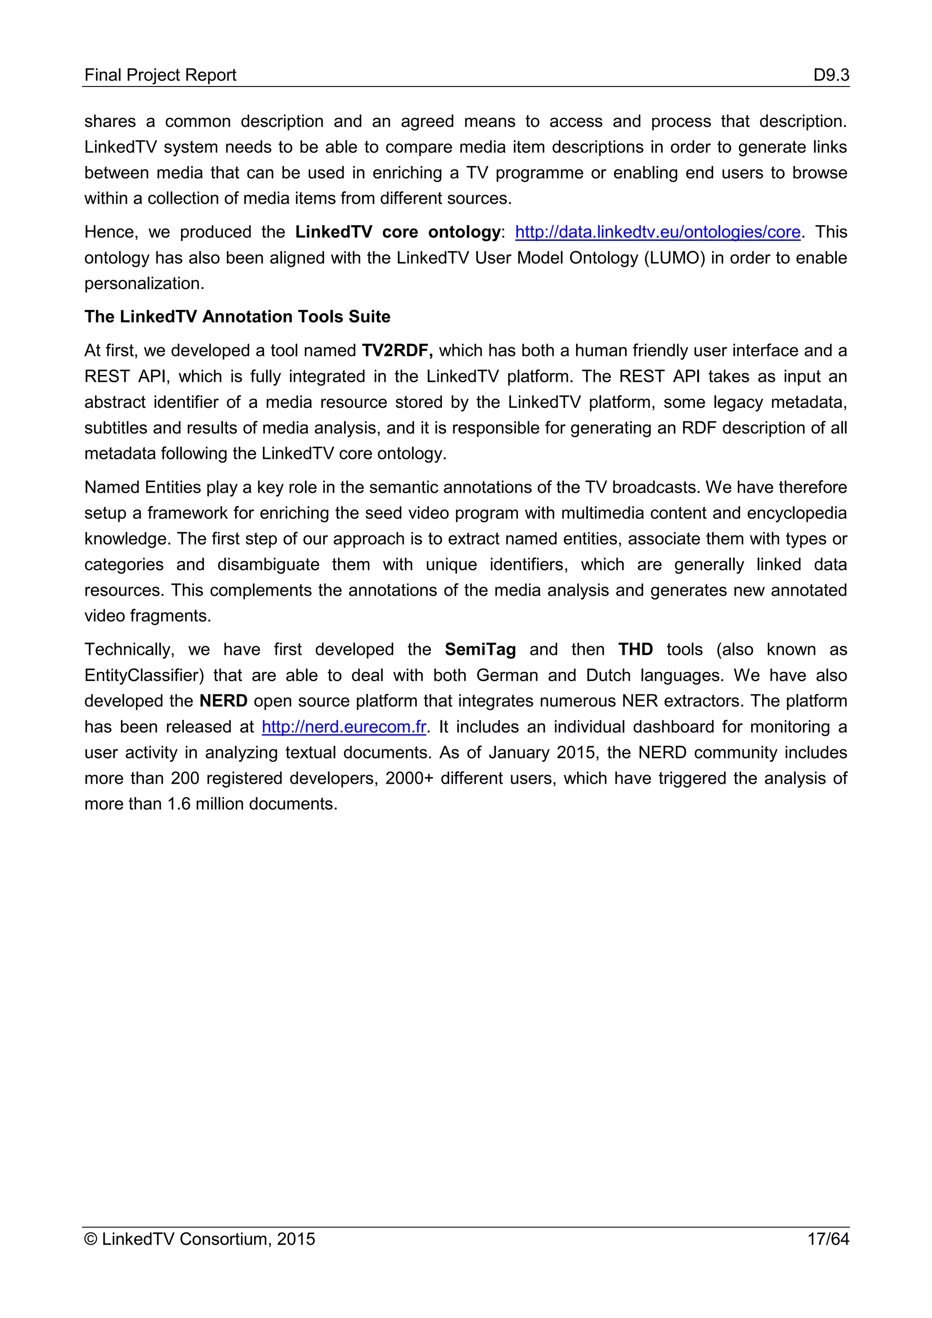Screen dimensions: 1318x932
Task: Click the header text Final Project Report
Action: [160, 75]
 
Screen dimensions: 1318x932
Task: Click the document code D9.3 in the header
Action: [831, 75]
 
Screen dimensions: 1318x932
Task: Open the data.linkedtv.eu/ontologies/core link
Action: [657, 232]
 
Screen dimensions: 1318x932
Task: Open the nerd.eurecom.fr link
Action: [344, 727]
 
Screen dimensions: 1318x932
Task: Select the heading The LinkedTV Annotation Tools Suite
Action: [237, 317]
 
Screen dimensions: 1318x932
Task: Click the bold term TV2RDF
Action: [396, 351]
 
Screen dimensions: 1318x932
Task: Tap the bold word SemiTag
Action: [480, 650]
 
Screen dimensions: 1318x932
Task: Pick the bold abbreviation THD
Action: [635, 650]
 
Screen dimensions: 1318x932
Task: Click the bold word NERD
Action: [223, 701]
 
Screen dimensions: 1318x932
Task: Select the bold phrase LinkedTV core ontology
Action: [398, 232]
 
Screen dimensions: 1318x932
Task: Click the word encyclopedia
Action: [796, 513]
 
